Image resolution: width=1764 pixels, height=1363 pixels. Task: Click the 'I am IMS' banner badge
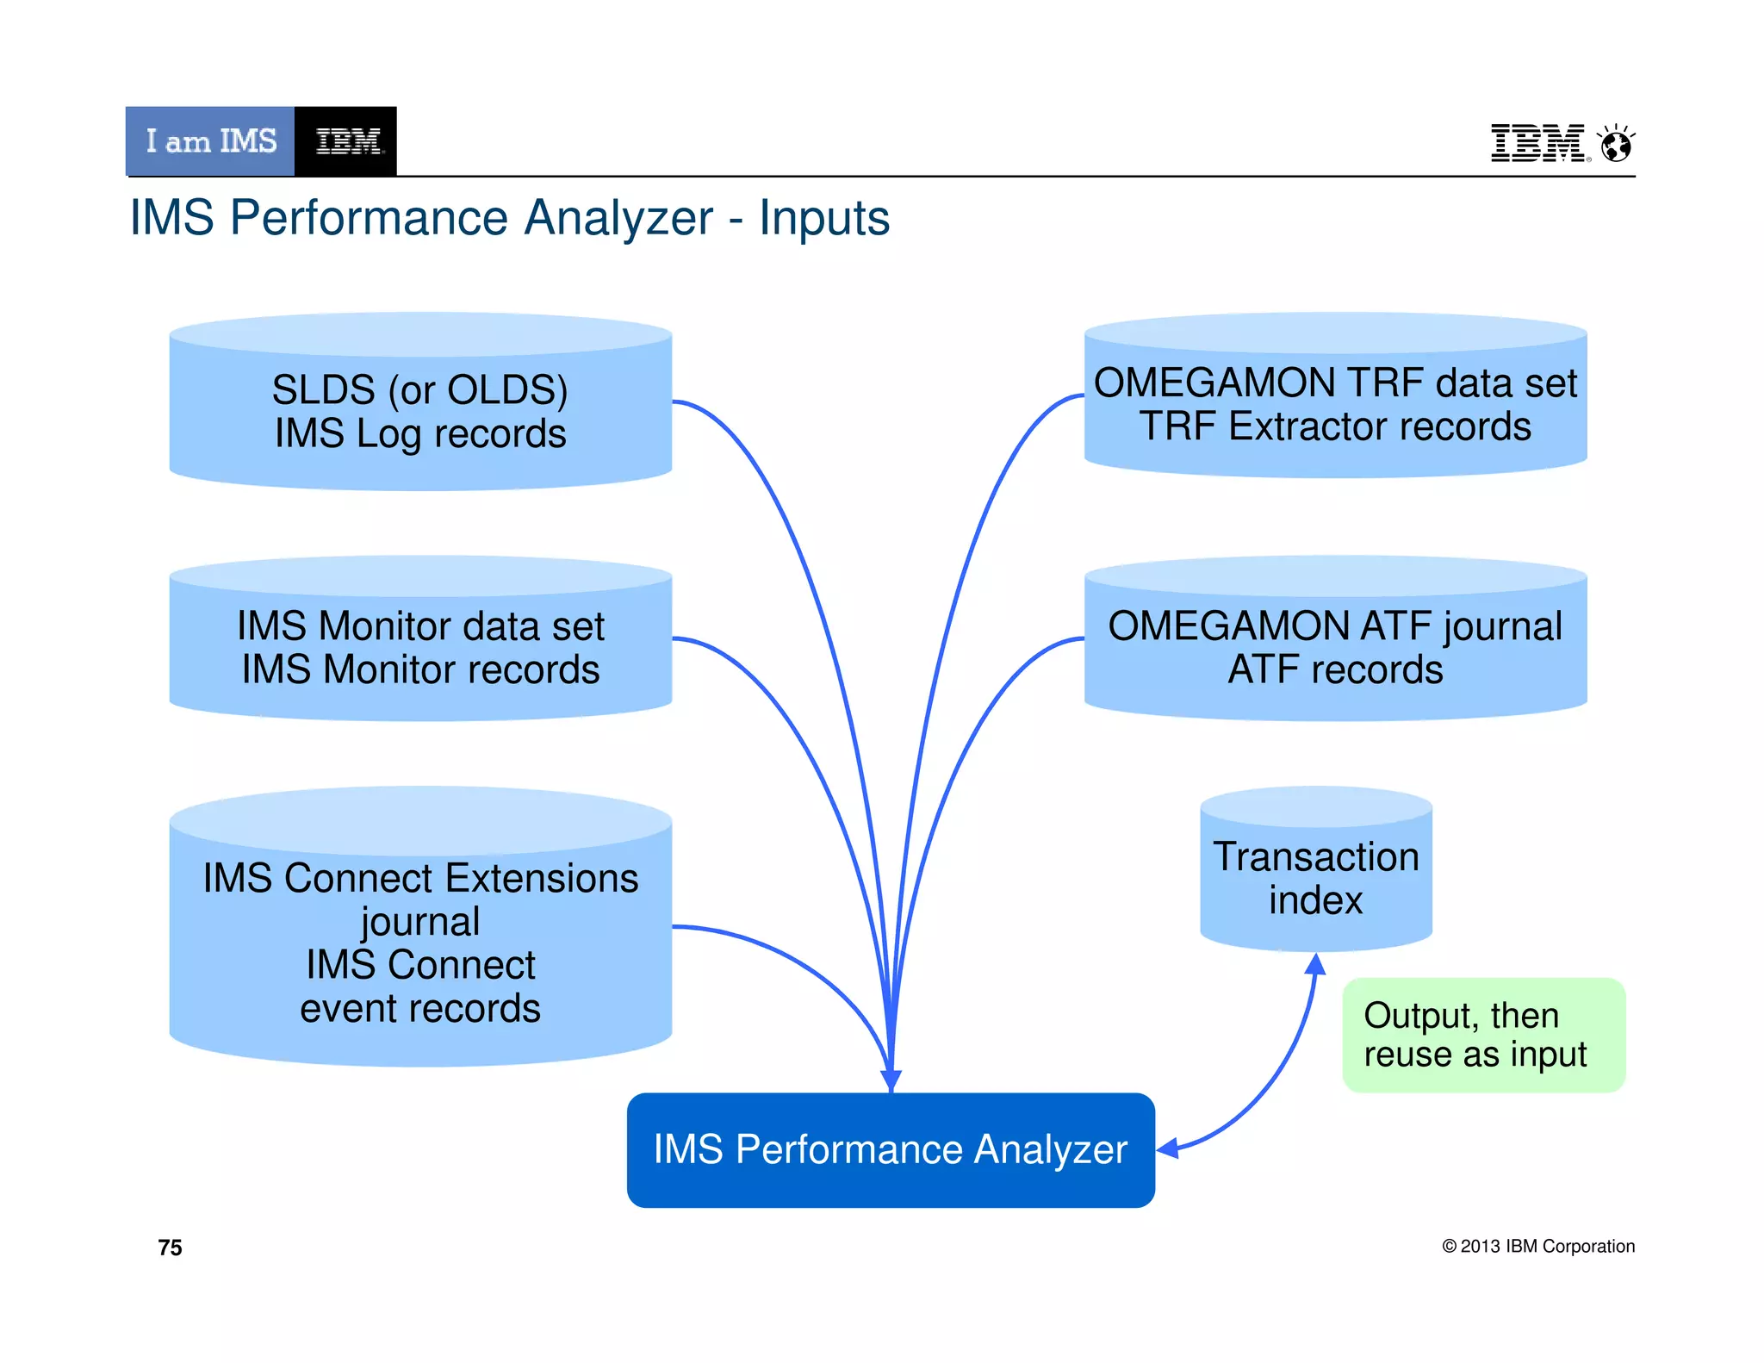tap(210, 141)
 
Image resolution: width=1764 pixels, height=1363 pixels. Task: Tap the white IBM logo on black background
tap(347, 141)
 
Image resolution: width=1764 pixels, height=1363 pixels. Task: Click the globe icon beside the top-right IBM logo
tap(1616, 144)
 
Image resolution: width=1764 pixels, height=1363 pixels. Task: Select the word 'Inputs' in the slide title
tap(823, 217)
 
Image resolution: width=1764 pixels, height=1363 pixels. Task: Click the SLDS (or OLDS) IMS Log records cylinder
tap(420, 411)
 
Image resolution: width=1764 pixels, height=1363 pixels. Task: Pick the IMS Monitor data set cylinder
tap(420, 647)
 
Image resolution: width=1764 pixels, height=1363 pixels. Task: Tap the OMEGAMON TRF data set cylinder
tap(1335, 404)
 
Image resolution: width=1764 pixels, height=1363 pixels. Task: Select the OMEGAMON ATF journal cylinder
tap(1335, 647)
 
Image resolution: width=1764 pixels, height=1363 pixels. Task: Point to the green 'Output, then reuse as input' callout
tap(1483, 1035)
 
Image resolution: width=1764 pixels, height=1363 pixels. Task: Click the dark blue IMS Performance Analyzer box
tap(891, 1150)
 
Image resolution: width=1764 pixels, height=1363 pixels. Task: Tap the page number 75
tap(170, 1248)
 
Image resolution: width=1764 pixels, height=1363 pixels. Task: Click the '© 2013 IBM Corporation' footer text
tap(1538, 1246)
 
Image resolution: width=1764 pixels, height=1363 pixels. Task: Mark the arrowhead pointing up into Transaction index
tap(1315, 965)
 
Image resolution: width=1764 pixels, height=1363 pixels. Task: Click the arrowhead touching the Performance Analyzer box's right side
tap(1168, 1148)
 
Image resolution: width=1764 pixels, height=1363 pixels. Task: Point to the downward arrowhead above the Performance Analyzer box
tap(891, 1080)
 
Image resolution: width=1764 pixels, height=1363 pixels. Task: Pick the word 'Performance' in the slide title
tap(471, 217)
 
